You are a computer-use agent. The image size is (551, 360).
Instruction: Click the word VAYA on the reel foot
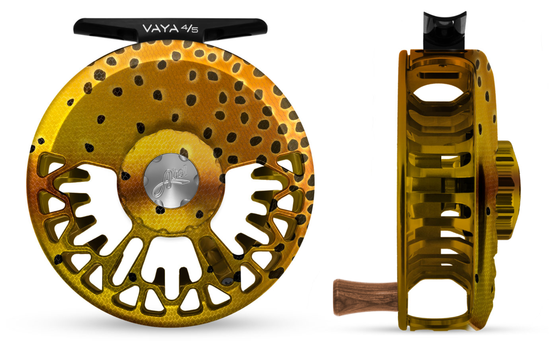[161, 28]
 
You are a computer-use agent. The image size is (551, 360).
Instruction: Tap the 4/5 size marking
[190, 29]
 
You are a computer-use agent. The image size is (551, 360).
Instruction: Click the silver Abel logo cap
[171, 181]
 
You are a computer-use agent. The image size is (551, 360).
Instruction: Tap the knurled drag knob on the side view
[508, 189]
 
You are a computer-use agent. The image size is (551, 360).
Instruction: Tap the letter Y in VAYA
[164, 28]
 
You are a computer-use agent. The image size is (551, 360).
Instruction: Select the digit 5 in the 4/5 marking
[195, 31]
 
